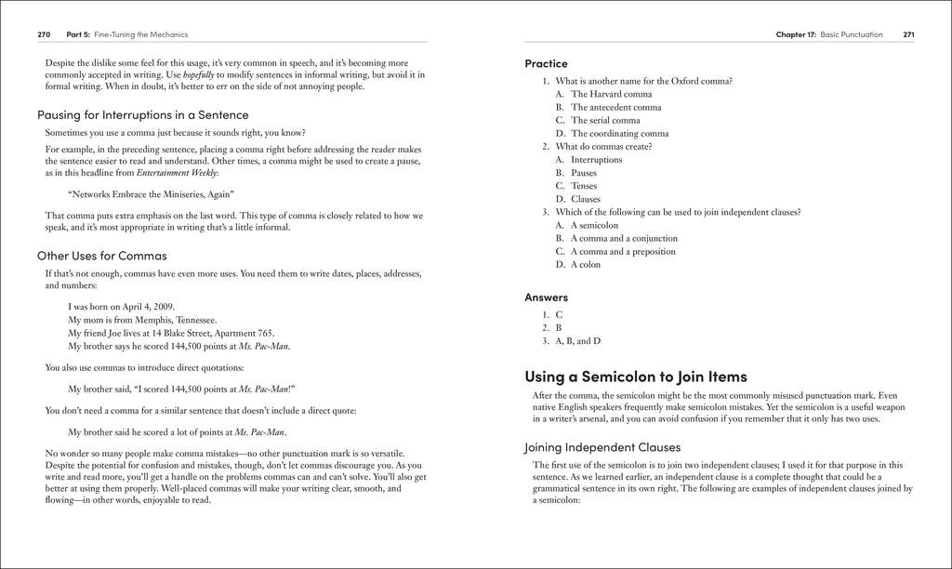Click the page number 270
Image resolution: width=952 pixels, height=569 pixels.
(x=44, y=34)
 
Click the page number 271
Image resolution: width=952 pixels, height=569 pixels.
(x=908, y=34)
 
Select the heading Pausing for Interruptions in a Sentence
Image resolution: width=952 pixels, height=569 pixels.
(x=143, y=115)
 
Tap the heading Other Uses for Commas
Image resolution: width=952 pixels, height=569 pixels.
(x=102, y=256)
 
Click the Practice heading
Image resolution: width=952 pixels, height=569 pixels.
(x=546, y=64)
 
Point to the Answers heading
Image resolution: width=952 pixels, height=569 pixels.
(x=546, y=298)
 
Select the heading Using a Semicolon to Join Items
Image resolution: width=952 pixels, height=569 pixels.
(x=636, y=377)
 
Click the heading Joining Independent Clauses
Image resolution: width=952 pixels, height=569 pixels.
(x=602, y=446)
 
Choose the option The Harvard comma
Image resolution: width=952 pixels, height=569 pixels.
(x=611, y=94)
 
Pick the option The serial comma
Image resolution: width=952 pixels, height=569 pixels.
(x=605, y=120)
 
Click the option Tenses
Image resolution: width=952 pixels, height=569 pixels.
(x=585, y=186)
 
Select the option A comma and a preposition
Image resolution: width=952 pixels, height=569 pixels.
(x=623, y=251)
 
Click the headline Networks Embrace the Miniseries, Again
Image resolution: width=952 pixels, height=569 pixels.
(x=152, y=194)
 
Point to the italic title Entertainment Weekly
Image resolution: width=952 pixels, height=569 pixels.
(x=176, y=174)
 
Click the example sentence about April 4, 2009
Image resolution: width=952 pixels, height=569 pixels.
(x=122, y=307)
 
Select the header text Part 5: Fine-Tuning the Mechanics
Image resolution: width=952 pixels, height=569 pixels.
(x=127, y=34)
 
